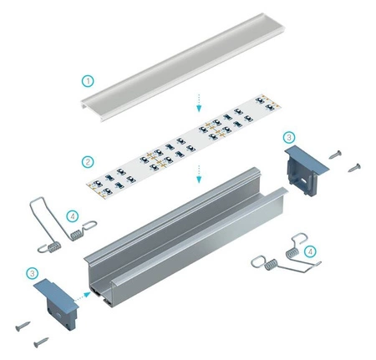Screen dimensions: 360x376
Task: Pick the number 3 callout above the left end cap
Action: (x=32, y=272)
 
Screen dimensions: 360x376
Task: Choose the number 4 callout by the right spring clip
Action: (x=310, y=251)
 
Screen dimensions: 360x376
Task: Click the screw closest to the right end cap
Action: (x=336, y=154)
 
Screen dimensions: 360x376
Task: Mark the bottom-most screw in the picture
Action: (x=39, y=342)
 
